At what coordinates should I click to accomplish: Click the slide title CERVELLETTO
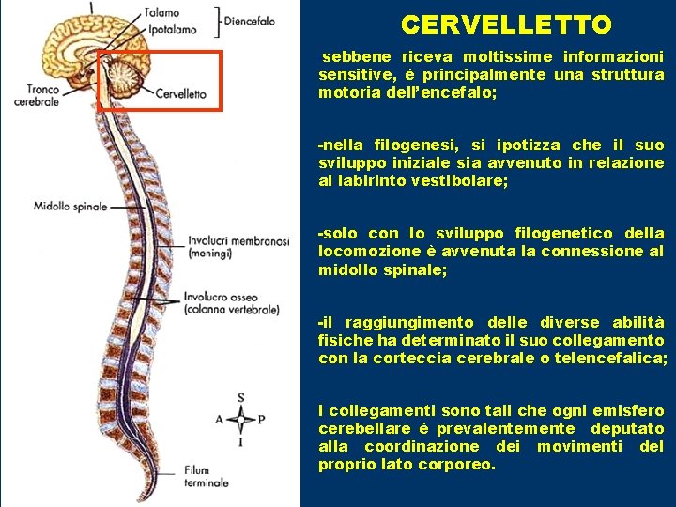505,24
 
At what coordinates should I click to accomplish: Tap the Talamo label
162,13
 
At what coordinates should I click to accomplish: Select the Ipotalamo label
170,30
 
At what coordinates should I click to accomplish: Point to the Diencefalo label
250,21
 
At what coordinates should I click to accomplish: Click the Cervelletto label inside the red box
180,94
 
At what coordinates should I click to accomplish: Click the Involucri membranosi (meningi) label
238,246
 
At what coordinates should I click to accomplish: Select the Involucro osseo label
231,302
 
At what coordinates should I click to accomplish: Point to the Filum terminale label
206,476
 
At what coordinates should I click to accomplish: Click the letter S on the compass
241,398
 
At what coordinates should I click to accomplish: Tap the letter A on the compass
219,420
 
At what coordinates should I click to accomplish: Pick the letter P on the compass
262,420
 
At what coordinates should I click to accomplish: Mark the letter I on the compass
241,441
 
